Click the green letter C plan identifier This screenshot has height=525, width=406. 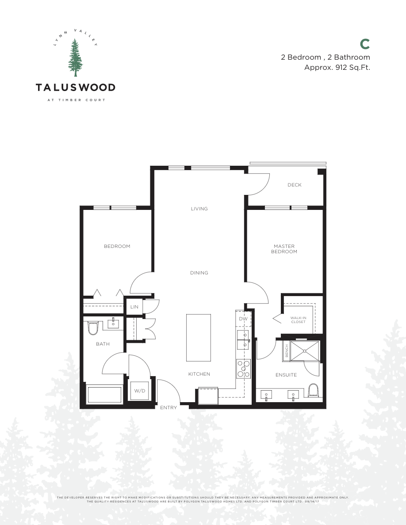click(365, 44)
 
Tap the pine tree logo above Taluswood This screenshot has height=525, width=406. click(76, 58)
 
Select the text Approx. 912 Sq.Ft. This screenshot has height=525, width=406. click(337, 68)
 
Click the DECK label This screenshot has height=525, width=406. click(295, 185)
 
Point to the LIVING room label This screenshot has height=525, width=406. click(199, 209)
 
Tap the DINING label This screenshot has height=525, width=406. click(199, 273)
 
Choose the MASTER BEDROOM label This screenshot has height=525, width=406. click(284, 249)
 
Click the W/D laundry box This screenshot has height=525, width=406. click(139, 391)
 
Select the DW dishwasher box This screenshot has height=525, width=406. click(243, 319)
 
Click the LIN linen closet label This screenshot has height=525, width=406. click(134, 307)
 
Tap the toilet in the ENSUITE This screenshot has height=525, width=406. click(313, 391)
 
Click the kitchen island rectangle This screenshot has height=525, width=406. click(199, 337)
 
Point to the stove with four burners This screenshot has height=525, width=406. click(243, 368)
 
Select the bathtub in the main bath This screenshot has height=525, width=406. click(105, 394)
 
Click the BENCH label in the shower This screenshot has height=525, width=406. click(287, 350)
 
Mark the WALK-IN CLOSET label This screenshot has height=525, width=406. click(298, 320)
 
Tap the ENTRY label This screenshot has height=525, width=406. click(169, 407)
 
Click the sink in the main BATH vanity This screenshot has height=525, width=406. click(114, 324)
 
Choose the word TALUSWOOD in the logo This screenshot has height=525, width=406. click(76, 87)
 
